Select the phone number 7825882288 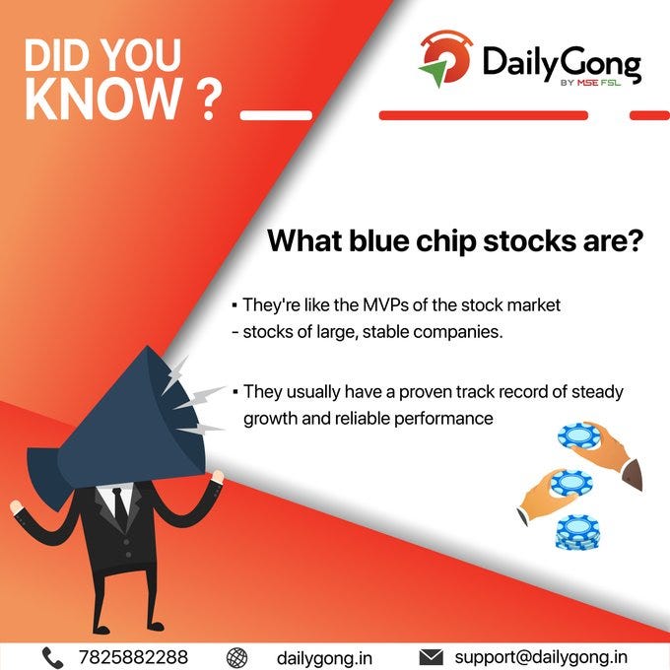pyautogui.click(x=133, y=656)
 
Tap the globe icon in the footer pyautogui.click(x=236, y=656)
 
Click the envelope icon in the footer pyautogui.click(x=430, y=656)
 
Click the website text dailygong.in pyautogui.click(x=324, y=656)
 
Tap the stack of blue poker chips pyautogui.click(x=577, y=532)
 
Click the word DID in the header pyautogui.click(x=56, y=57)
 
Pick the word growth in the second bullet pyautogui.click(x=269, y=417)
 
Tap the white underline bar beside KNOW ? pyautogui.click(x=269, y=114)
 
